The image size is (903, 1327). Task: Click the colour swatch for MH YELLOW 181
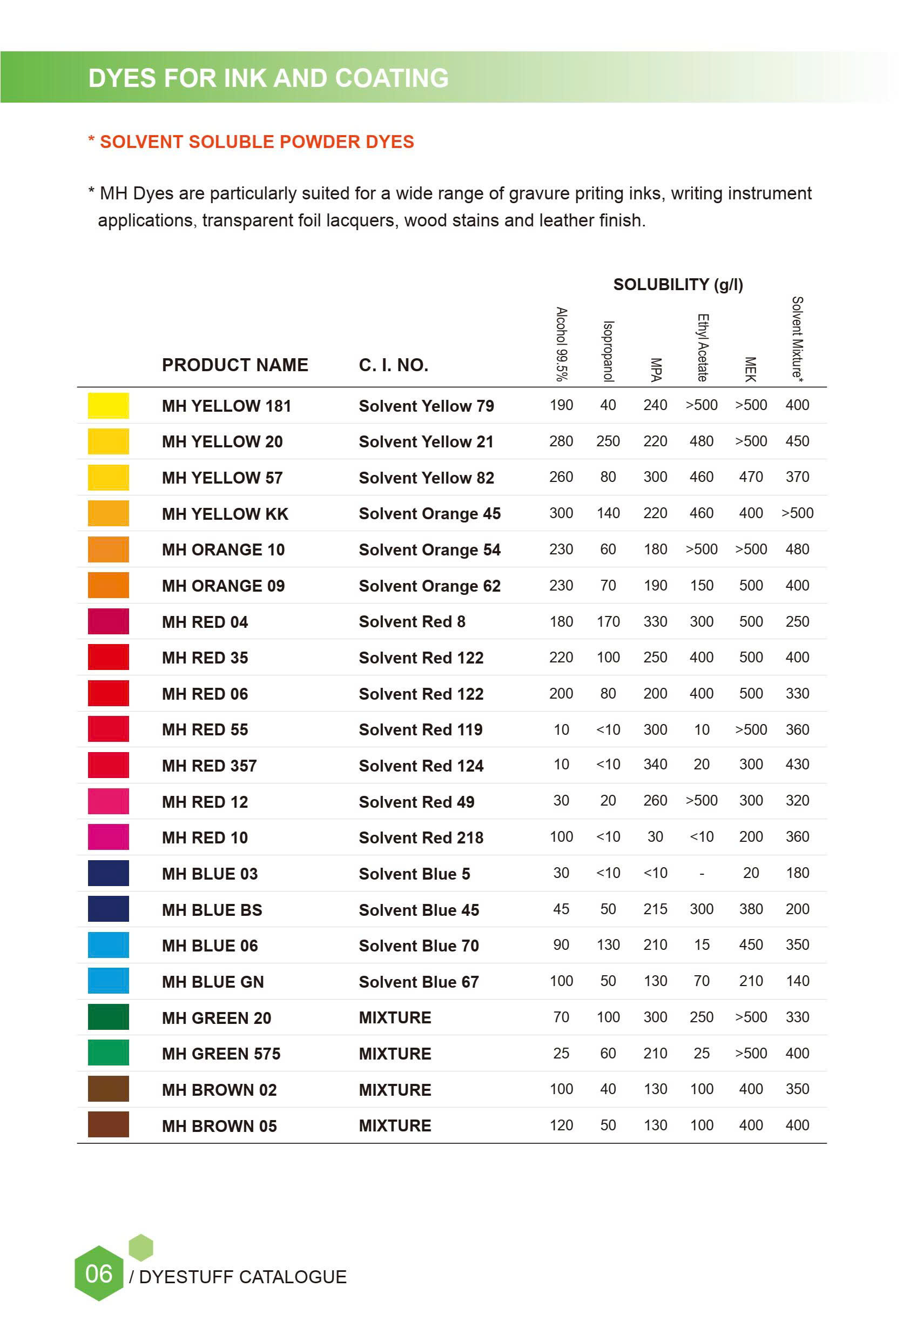108,405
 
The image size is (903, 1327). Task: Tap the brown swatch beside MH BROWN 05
108,1124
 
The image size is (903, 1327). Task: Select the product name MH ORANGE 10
223,549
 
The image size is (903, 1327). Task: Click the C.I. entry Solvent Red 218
421,837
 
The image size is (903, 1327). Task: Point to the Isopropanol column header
609,350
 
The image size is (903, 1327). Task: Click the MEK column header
751,369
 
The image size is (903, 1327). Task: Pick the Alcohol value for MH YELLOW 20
561,441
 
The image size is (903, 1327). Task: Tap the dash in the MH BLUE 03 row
702,874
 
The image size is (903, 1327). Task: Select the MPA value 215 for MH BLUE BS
655,909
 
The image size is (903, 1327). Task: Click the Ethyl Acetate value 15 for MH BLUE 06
702,944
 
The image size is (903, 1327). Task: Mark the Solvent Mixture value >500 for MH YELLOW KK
797,513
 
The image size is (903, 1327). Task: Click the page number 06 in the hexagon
99,1274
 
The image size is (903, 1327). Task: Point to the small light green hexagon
141,1247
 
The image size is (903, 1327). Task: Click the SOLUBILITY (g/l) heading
678,284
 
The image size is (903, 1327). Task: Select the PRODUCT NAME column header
234,365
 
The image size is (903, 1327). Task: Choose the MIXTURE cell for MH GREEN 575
395,1054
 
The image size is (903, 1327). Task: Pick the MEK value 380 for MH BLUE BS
751,909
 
